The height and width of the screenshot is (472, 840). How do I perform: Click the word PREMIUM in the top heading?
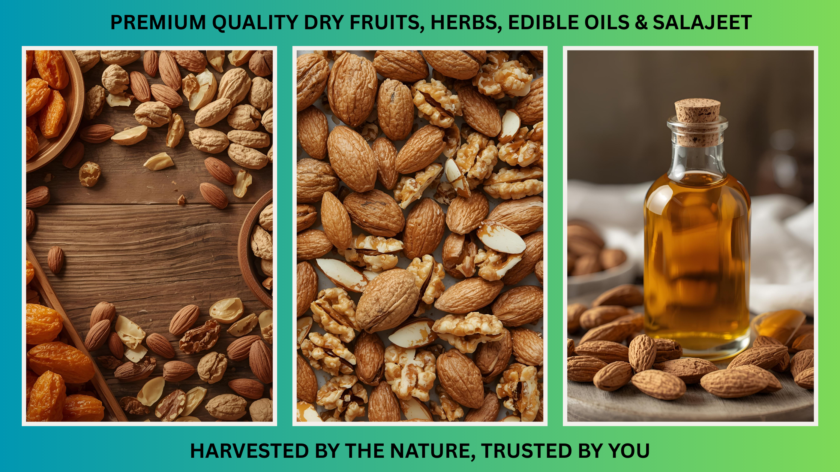tap(158, 22)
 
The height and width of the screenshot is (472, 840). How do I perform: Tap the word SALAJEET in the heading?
tap(702, 22)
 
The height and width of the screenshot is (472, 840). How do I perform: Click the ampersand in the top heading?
tap(641, 22)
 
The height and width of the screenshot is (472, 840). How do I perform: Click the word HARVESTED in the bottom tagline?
tap(249, 451)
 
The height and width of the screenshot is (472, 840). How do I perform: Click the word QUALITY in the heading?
tap(255, 22)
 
